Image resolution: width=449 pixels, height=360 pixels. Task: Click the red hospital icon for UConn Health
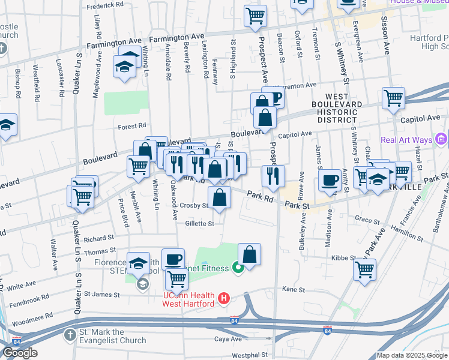click(224, 297)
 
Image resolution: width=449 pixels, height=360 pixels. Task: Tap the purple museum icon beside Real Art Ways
click(442, 140)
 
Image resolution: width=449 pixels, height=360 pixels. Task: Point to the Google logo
click(20, 353)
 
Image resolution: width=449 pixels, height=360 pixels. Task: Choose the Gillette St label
click(200, 224)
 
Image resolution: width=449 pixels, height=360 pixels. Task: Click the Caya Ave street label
click(228, 338)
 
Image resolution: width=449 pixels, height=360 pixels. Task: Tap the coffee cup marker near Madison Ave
click(330, 179)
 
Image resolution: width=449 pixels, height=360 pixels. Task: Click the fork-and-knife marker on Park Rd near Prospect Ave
click(273, 175)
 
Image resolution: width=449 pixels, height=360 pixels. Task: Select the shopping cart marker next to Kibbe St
click(364, 269)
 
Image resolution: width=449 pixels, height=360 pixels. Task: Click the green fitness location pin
click(238, 268)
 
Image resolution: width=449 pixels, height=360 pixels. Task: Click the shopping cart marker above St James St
click(176, 278)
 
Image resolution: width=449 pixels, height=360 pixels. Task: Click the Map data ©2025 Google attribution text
click(411, 355)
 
